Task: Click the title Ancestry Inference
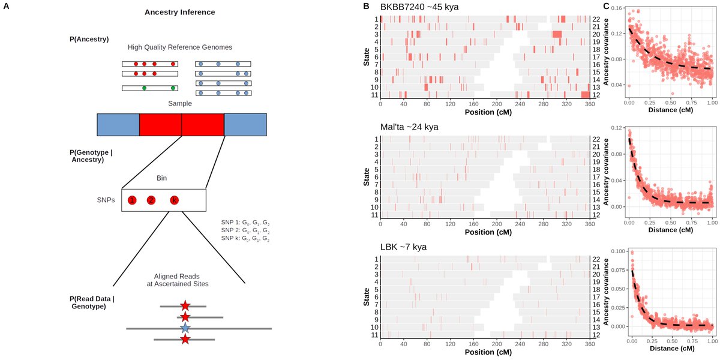tap(179, 12)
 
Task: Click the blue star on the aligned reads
tap(185, 328)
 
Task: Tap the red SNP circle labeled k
tap(174, 200)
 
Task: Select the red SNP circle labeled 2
tap(151, 200)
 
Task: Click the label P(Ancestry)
tap(89, 39)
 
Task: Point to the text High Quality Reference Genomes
tap(179, 47)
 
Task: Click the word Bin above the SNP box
tap(161, 178)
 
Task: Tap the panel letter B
tap(366, 6)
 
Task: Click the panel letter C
tap(606, 6)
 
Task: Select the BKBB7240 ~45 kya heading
tap(419, 7)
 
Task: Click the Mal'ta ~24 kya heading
tap(409, 127)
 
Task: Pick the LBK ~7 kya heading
tap(403, 247)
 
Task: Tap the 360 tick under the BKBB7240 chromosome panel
tap(590, 104)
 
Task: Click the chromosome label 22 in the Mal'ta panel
tap(596, 139)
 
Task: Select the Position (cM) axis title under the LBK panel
tap(488, 352)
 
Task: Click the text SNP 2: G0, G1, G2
tap(245, 230)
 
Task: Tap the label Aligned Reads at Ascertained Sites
tap(178, 280)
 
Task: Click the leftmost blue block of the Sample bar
tap(118, 124)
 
